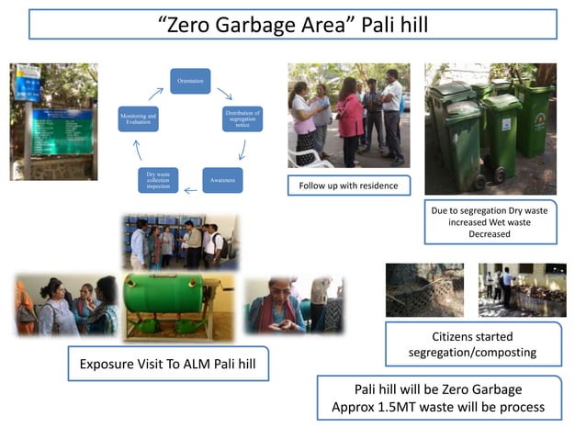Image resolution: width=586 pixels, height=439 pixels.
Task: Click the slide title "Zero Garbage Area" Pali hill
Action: tap(293, 24)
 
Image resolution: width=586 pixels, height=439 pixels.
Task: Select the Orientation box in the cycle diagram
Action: tap(190, 81)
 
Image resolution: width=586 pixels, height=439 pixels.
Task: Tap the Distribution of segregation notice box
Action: tap(242, 119)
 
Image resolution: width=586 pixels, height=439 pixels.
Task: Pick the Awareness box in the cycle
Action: tap(222, 180)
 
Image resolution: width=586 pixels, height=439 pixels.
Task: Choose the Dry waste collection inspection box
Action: tap(157, 180)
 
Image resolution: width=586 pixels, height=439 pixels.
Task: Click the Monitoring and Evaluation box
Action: tap(138, 119)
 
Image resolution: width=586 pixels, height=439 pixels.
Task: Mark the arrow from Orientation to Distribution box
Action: tap(224, 94)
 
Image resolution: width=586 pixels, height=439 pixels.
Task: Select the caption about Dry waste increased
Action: tap(490, 221)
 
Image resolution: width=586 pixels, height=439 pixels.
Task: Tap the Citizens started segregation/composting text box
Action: tap(472, 344)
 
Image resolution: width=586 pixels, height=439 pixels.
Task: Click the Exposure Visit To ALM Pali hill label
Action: tap(168, 363)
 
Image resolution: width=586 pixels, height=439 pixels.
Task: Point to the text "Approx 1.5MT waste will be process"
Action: tap(439, 407)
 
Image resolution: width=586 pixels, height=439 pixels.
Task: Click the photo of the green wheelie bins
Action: tap(490, 129)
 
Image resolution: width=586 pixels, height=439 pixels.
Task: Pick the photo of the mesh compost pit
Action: tap(424, 288)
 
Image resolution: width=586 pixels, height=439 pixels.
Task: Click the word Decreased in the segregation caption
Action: tap(490, 234)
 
